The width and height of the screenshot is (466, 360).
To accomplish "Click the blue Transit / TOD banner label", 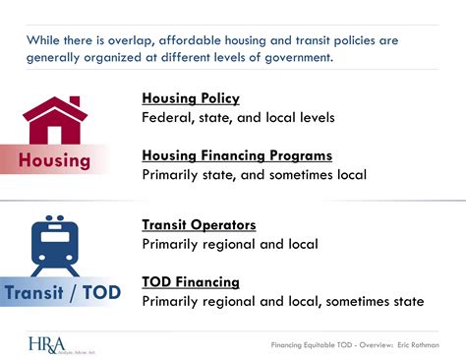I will click(x=60, y=291).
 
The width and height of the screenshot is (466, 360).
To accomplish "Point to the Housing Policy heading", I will click(x=191, y=98).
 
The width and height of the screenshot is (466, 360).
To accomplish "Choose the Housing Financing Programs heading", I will click(x=237, y=155).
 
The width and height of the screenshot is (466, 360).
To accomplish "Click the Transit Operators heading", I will click(x=199, y=224).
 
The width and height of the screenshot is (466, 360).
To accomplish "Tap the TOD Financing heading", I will click(x=191, y=281).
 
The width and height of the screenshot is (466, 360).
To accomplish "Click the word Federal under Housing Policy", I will click(x=167, y=118).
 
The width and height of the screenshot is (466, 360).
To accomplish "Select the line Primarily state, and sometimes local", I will click(x=254, y=175).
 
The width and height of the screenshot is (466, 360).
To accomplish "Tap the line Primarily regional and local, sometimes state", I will click(x=283, y=301).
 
